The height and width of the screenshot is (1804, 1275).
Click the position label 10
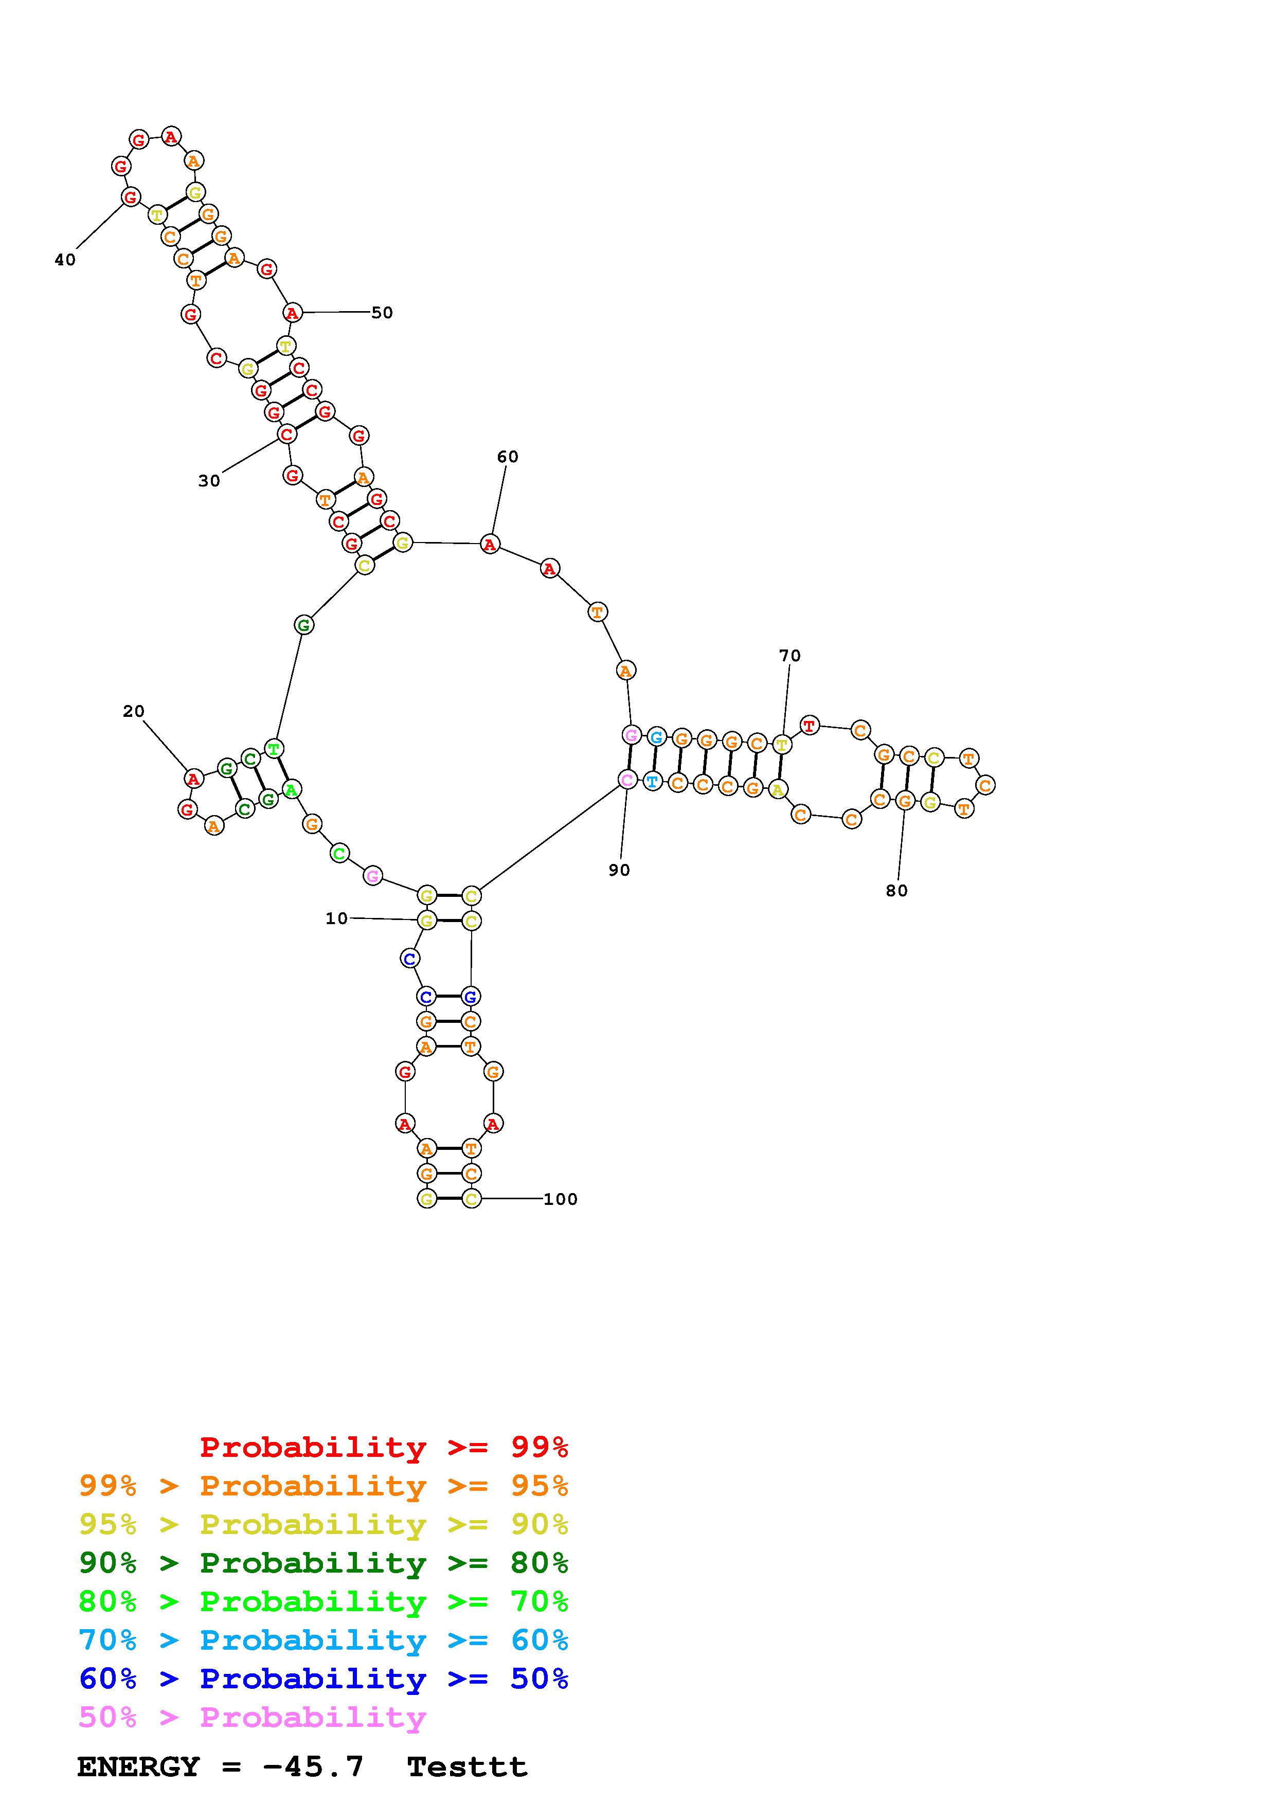pos(336,918)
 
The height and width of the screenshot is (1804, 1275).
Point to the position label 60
pos(508,457)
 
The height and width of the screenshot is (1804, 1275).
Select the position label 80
pos(896,890)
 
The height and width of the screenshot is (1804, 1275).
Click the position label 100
pos(560,1199)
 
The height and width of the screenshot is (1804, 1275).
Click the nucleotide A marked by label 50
pos(292,313)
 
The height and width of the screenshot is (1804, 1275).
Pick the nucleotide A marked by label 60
pos(490,544)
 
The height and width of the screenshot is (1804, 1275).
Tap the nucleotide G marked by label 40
pos(131,196)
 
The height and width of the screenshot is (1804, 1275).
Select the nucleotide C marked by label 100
pos(471,1198)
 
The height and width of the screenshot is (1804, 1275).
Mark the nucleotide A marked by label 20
pos(193,779)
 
